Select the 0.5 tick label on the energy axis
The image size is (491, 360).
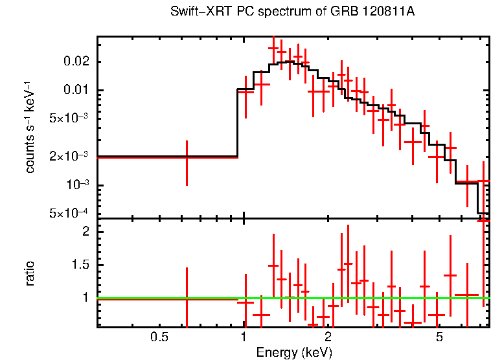[159, 337]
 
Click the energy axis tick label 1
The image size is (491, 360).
[244, 337]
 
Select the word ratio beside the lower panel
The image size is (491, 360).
[30, 273]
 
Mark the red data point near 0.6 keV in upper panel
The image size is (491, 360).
[187, 157]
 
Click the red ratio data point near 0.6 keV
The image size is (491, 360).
[187, 299]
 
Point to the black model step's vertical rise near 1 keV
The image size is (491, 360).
[237, 123]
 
